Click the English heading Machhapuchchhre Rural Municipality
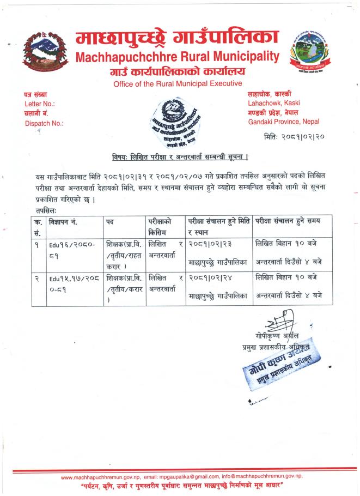pos(178,57)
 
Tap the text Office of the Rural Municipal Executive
pos(178,83)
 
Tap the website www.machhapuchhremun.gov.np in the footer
pos(101,476)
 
